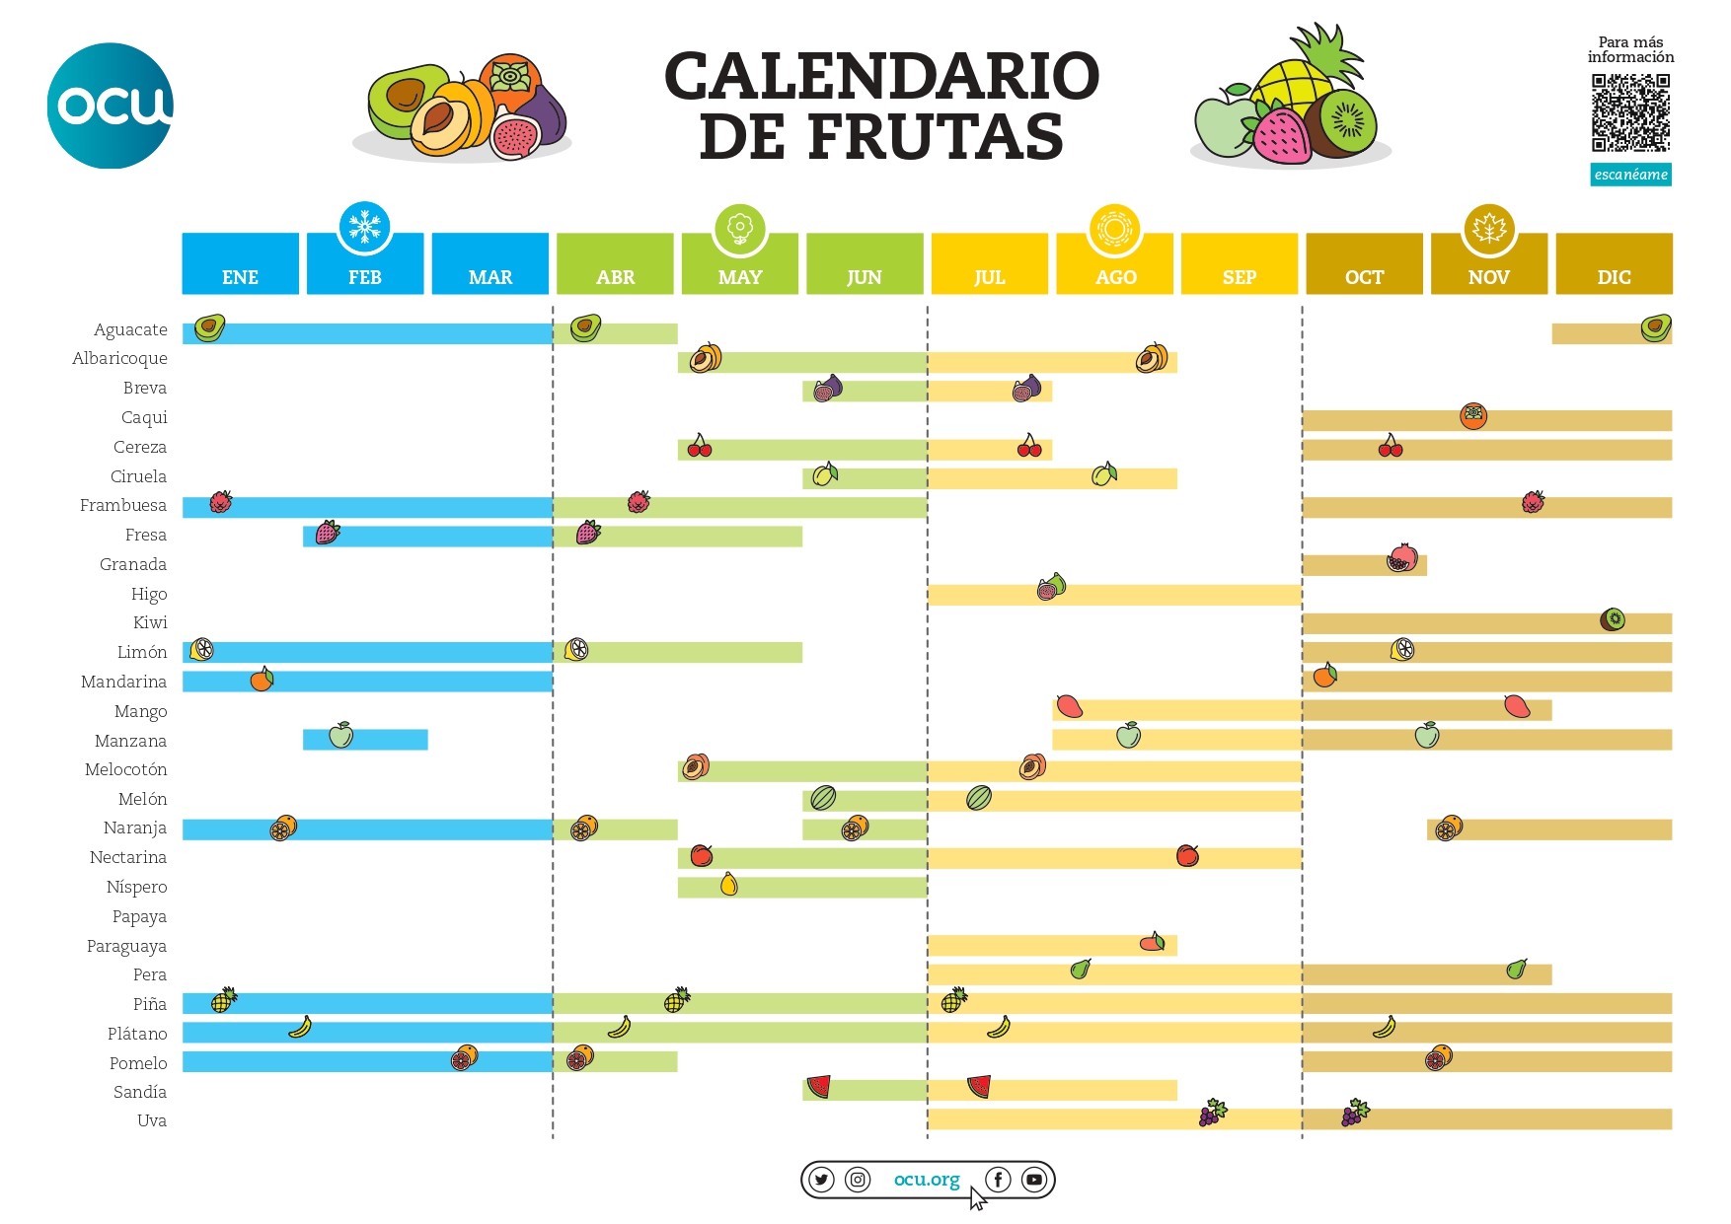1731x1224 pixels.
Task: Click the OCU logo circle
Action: coord(110,106)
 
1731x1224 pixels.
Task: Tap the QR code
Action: coord(1630,112)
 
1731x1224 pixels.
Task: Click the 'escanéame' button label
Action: coord(1630,175)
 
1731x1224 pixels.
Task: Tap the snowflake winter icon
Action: coord(364,227)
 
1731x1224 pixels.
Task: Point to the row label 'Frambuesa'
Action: coord(123,505)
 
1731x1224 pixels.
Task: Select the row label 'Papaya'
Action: coord(139,916)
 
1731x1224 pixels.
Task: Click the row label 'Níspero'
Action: coord(136,887)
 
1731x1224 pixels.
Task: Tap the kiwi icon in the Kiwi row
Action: coord(1613,619)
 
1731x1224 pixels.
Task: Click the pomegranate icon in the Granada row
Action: coord(1401,559)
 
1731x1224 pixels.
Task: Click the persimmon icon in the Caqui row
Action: coord(1472,416)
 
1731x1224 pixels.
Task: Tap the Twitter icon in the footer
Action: coord(821,1180)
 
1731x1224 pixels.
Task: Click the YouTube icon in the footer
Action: coord(1033,1180)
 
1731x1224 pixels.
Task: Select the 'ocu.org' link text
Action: coord(926,1180)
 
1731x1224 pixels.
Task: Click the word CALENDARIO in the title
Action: coord(881,77)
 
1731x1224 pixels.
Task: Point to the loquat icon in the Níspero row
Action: coord(728,884)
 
